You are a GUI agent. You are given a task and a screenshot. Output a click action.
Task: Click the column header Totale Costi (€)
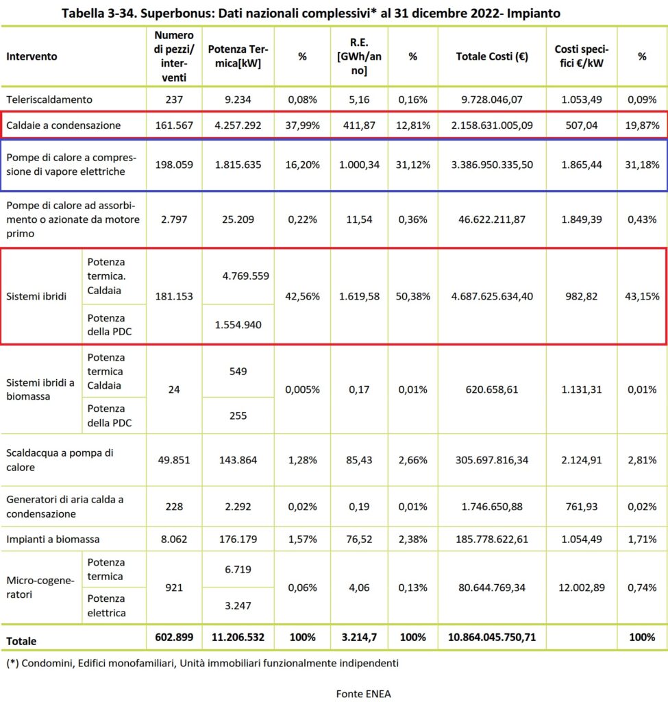[492, 56]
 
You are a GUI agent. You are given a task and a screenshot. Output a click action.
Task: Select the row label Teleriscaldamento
[49, 99]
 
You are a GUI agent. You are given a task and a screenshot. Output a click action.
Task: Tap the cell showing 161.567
[174, 125]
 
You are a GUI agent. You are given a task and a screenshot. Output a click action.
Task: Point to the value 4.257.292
[238, 125]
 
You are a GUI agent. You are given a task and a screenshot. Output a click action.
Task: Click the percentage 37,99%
[302, 125]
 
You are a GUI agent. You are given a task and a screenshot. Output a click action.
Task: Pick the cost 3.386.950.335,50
[492, 165]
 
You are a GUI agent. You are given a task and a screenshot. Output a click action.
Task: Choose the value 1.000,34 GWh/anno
[359, 165]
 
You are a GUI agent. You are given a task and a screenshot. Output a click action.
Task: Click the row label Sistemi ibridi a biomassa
[40, 389]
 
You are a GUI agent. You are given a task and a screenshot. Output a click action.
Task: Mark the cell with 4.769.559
[246, 276]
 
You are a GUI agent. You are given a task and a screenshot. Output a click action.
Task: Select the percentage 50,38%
[412, 296]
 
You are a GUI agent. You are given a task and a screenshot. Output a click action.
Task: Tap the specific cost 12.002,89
[581, 588]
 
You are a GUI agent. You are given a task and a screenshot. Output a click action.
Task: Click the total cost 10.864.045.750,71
[492, 637]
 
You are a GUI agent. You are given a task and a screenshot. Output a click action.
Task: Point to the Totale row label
[21, 641]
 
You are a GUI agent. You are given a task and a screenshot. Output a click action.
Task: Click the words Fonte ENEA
[363, 694]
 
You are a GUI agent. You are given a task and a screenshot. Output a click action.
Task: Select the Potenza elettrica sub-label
[106, 606]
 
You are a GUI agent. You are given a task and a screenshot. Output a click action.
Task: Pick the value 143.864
[238, 460]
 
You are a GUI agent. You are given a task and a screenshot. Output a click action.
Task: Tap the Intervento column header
[32, 56]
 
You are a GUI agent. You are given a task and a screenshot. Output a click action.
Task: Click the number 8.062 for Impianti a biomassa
[174, 539]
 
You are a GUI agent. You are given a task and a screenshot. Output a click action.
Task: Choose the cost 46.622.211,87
[492, 219]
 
